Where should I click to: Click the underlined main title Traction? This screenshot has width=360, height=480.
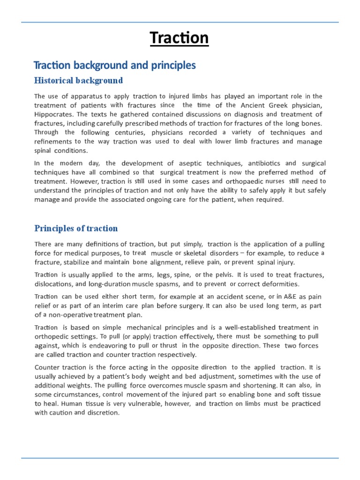click(180, 38)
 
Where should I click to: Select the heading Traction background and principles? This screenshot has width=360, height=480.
click(115, 65)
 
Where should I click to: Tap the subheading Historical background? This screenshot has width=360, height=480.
click(78, 81)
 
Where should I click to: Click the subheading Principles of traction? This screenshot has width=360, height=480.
click(76, 228)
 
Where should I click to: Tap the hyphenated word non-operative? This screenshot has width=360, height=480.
click(67, 315)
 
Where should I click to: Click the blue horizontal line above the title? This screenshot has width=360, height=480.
click(180, 22)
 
